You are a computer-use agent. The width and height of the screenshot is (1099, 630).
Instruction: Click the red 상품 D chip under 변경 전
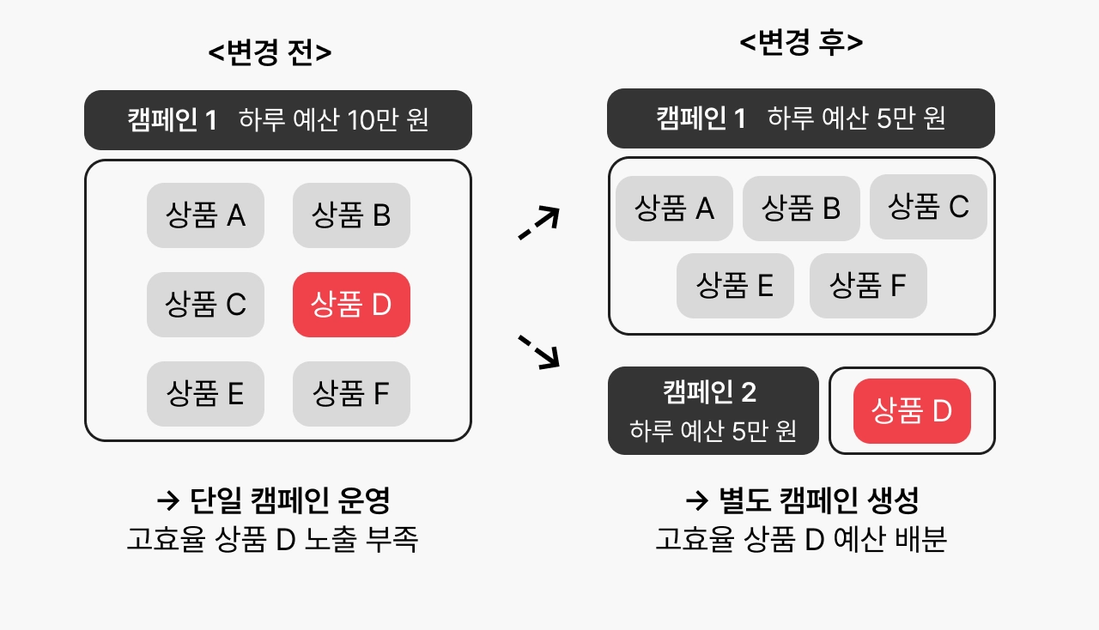click(351, 305)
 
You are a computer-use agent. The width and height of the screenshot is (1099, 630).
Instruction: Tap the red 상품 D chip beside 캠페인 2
click(912, 411)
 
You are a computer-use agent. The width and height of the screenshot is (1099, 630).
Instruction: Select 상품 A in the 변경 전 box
click(205, 215)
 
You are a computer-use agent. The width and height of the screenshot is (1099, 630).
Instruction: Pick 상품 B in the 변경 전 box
click(351, 215)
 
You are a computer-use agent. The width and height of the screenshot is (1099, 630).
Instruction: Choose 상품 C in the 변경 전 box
click(205, 305)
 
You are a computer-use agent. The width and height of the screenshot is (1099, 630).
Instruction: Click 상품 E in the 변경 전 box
click(205, 394)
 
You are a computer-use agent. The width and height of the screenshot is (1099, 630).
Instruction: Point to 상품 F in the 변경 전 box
click(351, 394)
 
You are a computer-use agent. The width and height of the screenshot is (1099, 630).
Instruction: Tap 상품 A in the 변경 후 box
click(674, 209)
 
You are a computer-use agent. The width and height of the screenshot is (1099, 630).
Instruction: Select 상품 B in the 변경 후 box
click(801, 209)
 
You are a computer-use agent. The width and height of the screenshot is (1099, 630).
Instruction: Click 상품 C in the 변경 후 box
click(928, 207)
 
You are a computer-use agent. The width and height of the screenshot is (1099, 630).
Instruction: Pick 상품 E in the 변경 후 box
click(735, 286)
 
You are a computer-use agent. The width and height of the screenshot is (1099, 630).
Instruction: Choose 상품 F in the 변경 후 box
click(868, 286)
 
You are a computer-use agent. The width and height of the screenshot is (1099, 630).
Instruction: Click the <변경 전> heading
click(270, 52)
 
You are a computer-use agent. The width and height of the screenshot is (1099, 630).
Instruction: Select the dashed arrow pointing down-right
click(540, 352)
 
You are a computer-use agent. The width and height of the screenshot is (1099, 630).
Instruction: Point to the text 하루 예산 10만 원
click(334, 119)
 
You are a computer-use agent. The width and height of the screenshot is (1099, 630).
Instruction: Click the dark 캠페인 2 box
click(713, 411)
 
